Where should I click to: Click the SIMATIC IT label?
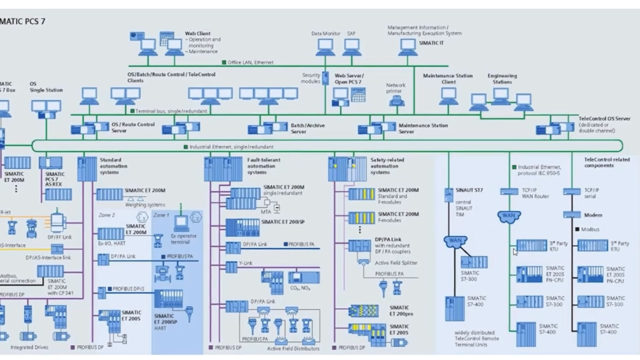431,43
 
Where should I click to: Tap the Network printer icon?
397,100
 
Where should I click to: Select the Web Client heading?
198,33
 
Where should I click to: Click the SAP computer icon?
352,46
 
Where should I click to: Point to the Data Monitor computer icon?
325,46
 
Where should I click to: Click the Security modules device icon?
325,78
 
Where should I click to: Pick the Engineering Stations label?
502,79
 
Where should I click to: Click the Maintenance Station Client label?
447,79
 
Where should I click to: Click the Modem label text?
593,215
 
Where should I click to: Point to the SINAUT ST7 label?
469,190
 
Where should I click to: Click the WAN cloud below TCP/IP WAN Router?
509,216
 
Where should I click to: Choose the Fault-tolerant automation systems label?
264,166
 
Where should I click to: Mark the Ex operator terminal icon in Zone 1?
181,220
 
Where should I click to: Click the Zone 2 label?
107,215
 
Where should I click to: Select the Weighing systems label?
145,204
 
